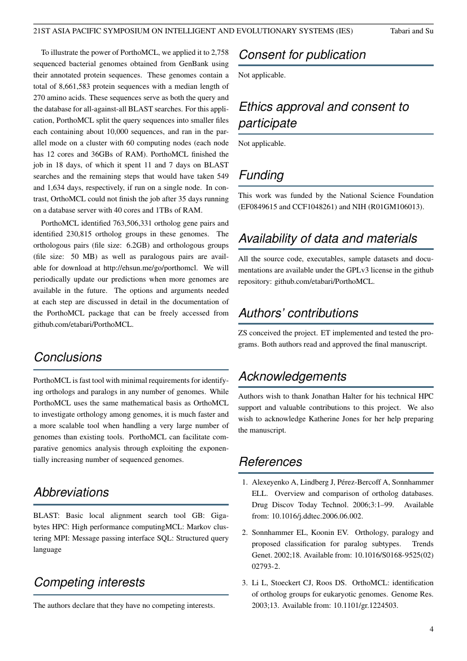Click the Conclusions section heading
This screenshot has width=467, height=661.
pos(68,357)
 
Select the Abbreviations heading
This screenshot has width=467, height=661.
pos(71,492)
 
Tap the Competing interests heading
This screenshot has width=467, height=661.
pos(89,582)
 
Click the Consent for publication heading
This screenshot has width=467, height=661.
pos(302,55)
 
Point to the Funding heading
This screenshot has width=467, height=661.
pos(261,175)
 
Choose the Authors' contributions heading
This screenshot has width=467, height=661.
pos(298,313)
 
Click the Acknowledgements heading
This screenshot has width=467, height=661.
pos(292,377)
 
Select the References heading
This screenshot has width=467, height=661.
pos(270,462)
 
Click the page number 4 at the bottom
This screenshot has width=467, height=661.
pos(431,629)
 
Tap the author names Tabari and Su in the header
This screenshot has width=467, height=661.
pos(412,31)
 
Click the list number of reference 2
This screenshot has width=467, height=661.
pos(245,533)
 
